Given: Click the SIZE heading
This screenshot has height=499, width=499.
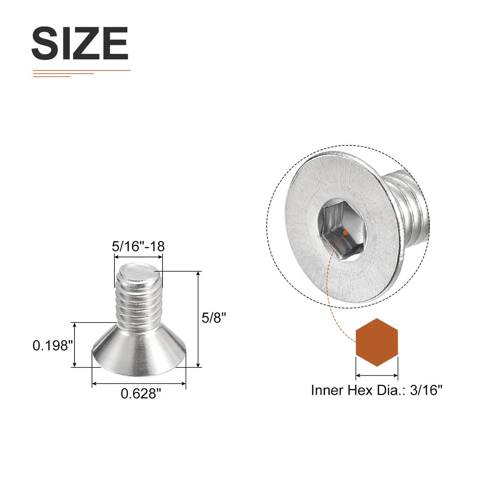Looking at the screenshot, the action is click(80, 43).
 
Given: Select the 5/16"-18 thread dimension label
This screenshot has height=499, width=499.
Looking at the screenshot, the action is click(138, 246).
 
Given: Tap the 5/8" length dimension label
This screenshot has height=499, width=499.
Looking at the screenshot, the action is click(214, 318).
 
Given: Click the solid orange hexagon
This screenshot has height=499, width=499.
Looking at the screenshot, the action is click(377, 342).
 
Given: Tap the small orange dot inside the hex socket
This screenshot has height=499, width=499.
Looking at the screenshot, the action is click(345, 233).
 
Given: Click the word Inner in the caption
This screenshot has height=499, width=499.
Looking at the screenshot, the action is click(327, 390).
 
